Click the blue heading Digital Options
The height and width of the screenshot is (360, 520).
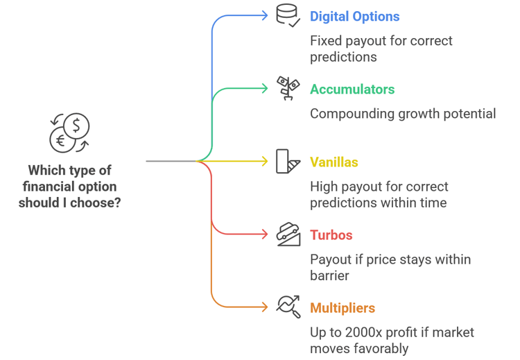(354, 17)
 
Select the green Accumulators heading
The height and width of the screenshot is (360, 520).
(352, 89)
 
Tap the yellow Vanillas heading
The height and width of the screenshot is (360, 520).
(334, 162)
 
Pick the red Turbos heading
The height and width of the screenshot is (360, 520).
(331, 235)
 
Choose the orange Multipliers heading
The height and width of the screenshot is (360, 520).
(343, 308)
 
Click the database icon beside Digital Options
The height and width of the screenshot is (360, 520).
(288, 15)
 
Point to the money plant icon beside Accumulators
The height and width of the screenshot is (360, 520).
(288, 88)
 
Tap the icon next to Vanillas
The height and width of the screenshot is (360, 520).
(288, 161)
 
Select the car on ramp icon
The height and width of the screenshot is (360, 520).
(288, 234)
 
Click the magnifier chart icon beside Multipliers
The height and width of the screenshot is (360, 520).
(288, 307)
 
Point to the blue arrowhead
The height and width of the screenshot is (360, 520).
(265, 15)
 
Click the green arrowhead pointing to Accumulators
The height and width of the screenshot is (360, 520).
(265, 89)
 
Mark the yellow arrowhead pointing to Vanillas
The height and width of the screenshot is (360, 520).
(265, 162)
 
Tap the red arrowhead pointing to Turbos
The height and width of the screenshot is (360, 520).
(265, 234)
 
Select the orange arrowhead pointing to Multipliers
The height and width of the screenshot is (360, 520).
(265, 307)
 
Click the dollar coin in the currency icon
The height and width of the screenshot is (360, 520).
(76, 126)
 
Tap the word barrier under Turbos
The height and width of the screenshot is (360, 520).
(329, 276)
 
